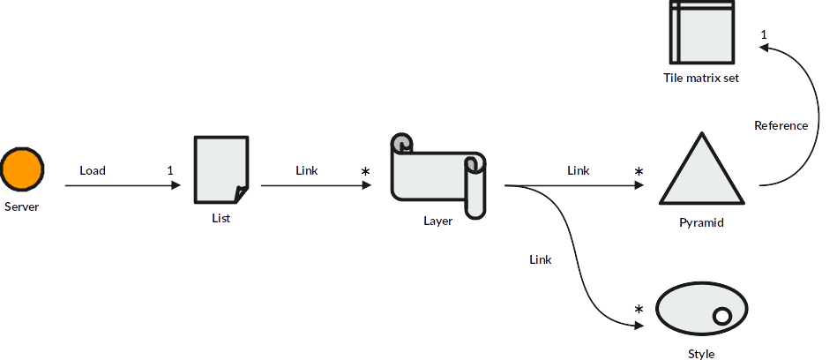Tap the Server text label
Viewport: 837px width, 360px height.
pos(22,207)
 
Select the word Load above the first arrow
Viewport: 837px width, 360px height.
pos(93,170)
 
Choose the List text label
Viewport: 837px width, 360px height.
pos(221,218)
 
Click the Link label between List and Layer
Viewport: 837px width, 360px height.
pos(307,170)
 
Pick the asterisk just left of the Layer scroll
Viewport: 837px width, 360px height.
pos(365,171)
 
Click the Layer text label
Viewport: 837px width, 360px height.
pos(437,221)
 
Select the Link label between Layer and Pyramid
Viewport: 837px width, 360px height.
pos(579,170)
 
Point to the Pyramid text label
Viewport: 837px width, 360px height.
pos(702,223)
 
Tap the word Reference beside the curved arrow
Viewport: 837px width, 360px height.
pos(781,125)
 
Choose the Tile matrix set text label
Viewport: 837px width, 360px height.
pos(701,78)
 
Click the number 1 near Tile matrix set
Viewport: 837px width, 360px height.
pos(764,34)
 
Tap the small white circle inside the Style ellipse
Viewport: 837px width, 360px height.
pos(721,317)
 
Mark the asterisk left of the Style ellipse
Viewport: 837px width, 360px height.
pos(639,310)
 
